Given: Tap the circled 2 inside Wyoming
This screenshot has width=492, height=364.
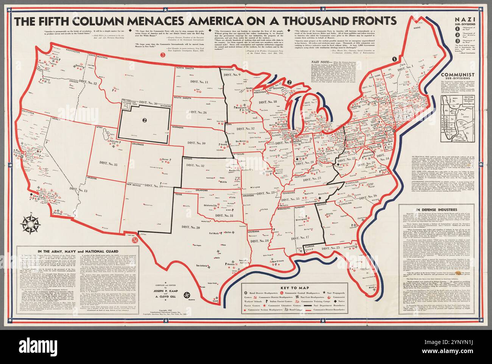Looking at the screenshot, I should [144, 120].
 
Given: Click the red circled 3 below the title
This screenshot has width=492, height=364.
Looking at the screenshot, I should [163, 55].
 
